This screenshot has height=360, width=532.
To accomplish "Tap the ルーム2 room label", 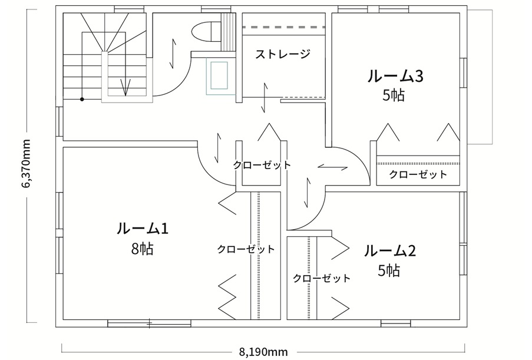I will [390, 251].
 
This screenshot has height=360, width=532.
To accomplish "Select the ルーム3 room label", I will [395, 76].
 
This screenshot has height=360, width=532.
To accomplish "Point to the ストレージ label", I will [283, 54].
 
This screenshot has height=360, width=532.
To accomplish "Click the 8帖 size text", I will [142, 249].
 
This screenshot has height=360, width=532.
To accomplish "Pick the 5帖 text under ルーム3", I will [394, 95].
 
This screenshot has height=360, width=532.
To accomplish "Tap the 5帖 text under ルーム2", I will [389, 271].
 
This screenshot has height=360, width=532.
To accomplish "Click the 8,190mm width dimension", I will [263, 352].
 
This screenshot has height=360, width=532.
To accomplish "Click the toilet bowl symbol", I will [204, 31].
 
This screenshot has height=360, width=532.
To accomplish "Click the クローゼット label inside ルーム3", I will [418, 174].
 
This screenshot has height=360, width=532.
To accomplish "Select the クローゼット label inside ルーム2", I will [321, 278].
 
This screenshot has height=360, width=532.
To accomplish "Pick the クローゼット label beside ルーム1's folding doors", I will [246, 249].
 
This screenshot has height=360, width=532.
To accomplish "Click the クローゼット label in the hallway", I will [262, 165].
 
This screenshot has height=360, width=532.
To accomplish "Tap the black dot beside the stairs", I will [82, 99].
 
